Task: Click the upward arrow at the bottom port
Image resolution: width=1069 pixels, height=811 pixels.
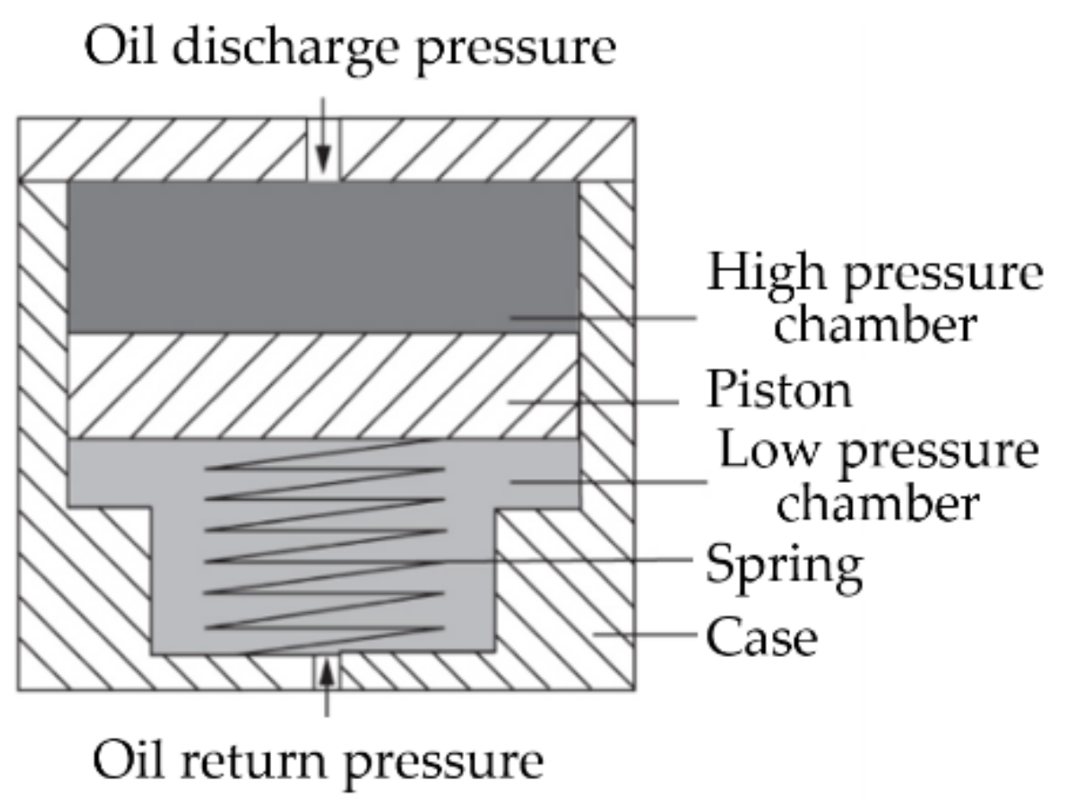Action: coord(325,684)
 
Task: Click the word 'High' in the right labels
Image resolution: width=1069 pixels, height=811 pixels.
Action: coord(757,273)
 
